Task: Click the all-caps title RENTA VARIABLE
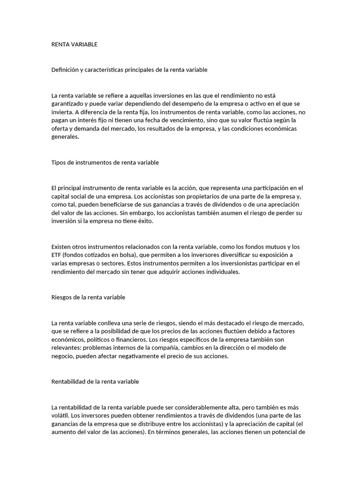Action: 74,45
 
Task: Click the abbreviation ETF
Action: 56,255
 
